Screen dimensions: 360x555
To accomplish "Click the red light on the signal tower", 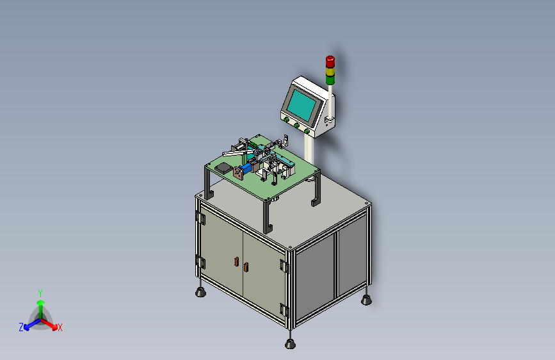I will (330, 62).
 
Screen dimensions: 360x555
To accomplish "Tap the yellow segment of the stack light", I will (330, 72).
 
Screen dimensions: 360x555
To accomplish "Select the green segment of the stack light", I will (330, 80).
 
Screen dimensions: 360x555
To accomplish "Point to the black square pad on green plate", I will (223, 167).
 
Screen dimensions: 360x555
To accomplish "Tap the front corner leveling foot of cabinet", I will (290, 343).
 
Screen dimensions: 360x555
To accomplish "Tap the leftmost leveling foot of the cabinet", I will (201, 293).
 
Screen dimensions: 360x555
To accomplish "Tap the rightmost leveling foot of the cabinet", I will (367, 299).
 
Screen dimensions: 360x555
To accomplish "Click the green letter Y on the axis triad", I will (40, 292).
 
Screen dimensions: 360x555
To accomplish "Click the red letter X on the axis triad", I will (60, 327).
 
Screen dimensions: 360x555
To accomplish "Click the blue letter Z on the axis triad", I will (21, 327).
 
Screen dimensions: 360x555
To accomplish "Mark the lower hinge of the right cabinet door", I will (284, 309).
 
